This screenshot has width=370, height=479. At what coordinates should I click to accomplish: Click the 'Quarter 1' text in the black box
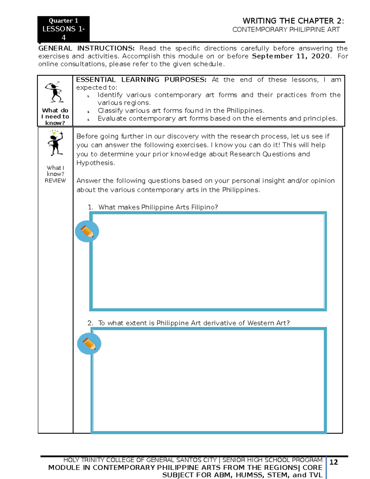63,21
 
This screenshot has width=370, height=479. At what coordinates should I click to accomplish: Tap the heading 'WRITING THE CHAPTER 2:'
293,21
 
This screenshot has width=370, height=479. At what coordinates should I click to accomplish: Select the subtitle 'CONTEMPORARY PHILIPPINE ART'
286,30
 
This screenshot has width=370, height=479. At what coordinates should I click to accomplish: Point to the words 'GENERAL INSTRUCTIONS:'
86,48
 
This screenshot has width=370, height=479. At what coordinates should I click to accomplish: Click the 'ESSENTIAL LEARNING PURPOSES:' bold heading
141,80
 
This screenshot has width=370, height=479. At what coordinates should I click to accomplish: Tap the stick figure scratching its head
55,92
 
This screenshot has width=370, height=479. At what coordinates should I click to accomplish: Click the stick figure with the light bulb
55,143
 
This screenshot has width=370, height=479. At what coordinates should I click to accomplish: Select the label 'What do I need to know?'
55,117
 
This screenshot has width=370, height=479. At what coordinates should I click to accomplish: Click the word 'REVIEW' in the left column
55,181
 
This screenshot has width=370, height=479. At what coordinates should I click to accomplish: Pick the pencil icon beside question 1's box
87,231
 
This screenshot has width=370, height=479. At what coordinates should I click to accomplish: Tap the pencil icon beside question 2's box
89,344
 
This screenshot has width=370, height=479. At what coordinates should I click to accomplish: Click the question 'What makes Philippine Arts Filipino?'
158,207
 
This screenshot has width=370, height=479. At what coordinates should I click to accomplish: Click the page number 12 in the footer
334,462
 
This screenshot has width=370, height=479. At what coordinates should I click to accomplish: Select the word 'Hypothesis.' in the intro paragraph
96,163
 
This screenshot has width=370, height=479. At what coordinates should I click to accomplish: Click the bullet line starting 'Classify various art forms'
181,111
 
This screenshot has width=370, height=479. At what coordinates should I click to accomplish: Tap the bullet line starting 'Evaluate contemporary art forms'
217,118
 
